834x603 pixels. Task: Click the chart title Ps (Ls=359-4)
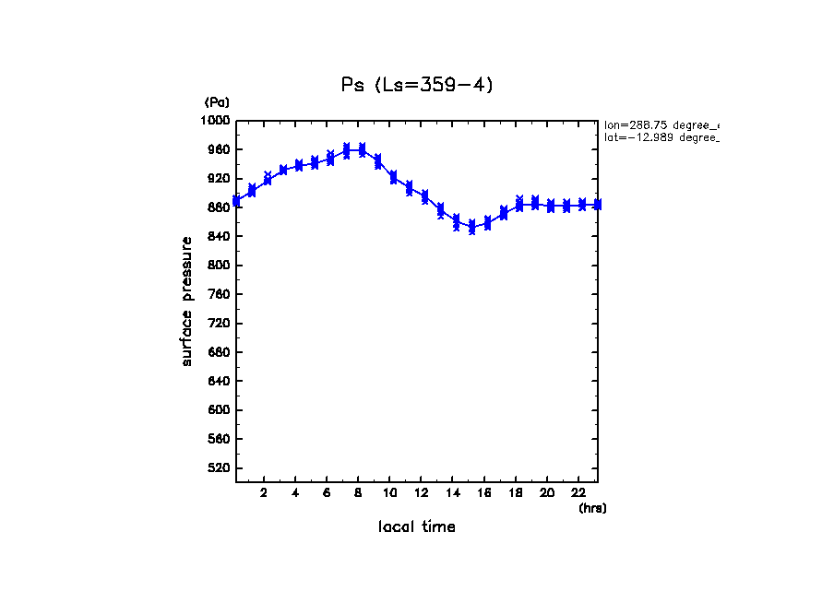tap(417, 85)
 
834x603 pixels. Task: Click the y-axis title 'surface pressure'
tap(187, 301)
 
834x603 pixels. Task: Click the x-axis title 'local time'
tap(416, 526)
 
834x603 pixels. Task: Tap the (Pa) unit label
tap(217, 102)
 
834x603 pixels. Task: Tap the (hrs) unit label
tap(592, 507)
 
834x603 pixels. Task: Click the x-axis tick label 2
tap(264, 492)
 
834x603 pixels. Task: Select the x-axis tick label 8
tap(358, 492)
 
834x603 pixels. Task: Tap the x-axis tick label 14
tap(452, 492)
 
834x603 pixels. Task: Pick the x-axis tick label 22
tap(578, 492)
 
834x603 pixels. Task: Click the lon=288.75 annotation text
tap(661, 124)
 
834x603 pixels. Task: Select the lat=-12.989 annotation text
tap(661, 137)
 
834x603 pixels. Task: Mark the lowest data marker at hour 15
tap(471, 231)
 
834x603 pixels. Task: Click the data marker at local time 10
tap(393, 177)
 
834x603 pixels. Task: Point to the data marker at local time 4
tap(299, 166)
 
